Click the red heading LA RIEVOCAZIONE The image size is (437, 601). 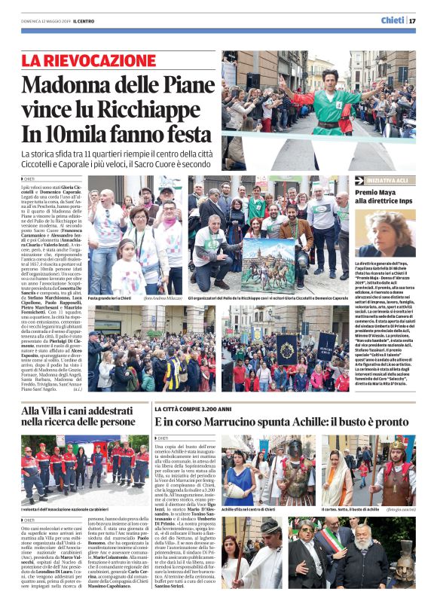pos(89,61)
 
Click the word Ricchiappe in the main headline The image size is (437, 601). pos(145,110)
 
